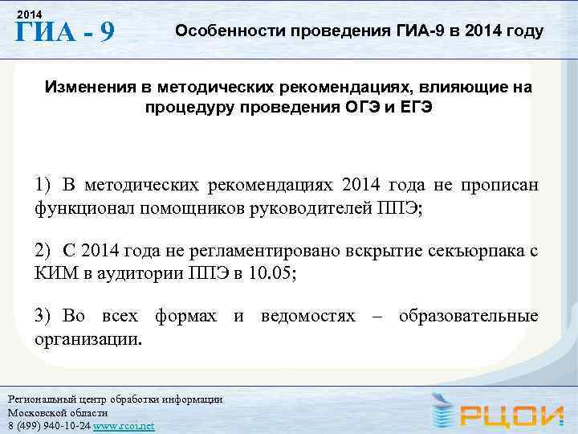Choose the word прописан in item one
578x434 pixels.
pyautogui.click(x=499, y=185)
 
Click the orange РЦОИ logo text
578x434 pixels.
pyautogui.click(x=514, y=413)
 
